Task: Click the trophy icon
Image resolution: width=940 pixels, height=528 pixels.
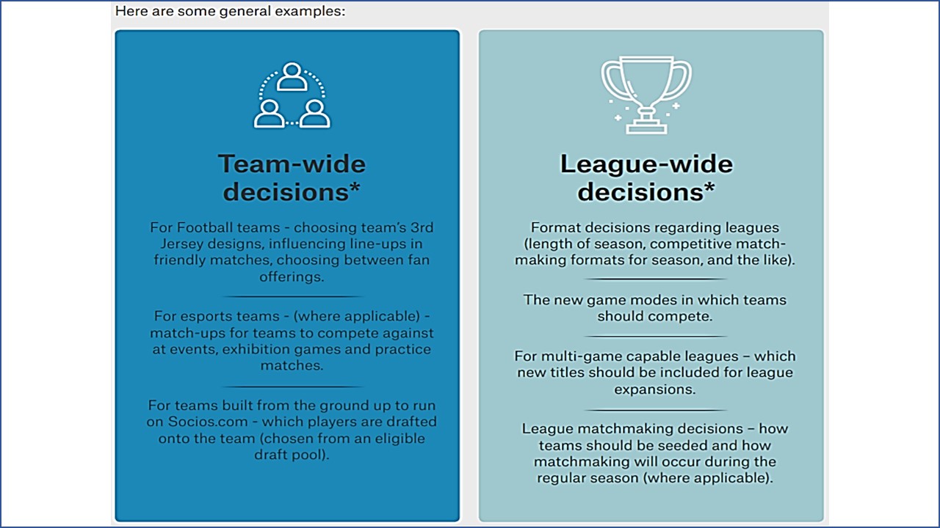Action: pyautogui.click(x=646, y=95)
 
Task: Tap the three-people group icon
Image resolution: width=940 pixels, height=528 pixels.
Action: pyautogui.click(x=292, y=95)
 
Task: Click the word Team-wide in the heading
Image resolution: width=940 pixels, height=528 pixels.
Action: pyautogui.click(x=292, y=164)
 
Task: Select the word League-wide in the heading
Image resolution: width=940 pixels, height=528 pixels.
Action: pyautogui.click(x=646, y=164)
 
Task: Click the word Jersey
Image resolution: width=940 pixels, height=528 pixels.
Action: pyautogui.click(x=182, y=244)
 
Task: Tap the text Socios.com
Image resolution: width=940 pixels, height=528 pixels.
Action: pyautogui.click(x=208, y=422)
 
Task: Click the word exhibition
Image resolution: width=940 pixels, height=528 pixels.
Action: pyautogui.click(x=260, y=349)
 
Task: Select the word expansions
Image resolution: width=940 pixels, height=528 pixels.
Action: pyautogui.click(x=654, y=389)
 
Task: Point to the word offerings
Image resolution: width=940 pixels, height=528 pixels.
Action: pyautogui.click(x=292, y=277)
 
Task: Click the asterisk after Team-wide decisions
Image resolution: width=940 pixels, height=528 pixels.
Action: pyautogui.click(x=355, y=187)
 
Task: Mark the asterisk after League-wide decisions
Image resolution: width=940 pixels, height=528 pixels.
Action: pyautogui.click(x=709, y=187)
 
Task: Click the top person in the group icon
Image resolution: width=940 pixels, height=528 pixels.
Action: pyautogui.click(x=292, y=76)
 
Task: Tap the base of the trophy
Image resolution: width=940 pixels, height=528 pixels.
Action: pyautogui.click(x=646, y=128)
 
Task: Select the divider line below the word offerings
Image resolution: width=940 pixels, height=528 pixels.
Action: pyautogui.click(x=292, y=296)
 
